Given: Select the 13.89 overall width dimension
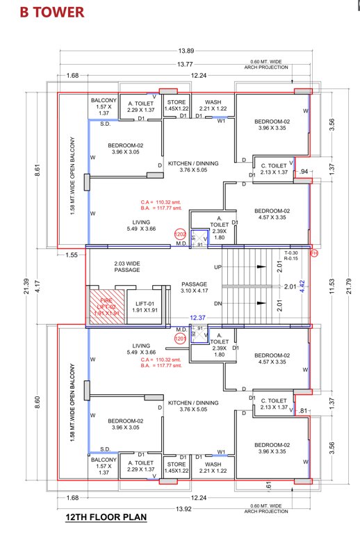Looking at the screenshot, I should click(186, 52).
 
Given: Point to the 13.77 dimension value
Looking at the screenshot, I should click(186, 65).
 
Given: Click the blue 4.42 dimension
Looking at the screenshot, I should click(302, 285).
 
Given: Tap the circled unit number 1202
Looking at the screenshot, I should click(179, 236).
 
